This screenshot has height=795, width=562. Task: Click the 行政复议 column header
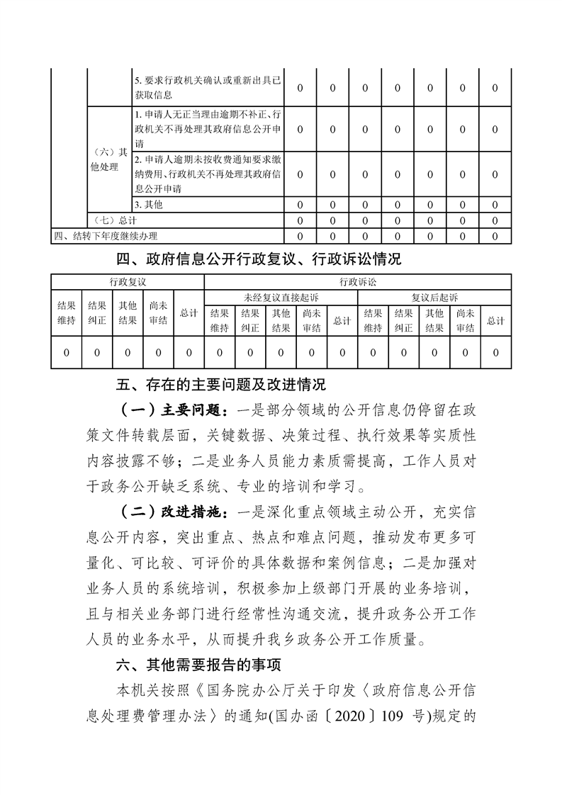tap(128, 281)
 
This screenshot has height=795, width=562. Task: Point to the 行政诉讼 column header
tap(357, 281)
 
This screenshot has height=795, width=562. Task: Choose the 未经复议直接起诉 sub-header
tap(281, 297)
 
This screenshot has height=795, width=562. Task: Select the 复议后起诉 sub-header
tap(434, 297)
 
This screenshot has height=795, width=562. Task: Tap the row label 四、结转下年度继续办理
tap(106, 235)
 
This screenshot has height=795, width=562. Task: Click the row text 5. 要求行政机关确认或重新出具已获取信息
tap(207, 89)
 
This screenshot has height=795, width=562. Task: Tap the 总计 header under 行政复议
tap(189, 313)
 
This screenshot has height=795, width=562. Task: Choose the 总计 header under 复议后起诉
tap(495, 320)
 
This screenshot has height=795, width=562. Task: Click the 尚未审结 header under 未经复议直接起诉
tap(312, 320)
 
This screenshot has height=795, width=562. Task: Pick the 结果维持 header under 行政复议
tap(67, 313)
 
